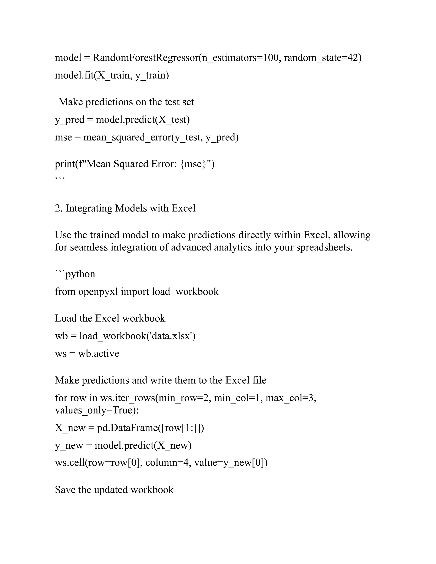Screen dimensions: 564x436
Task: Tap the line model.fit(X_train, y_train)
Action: (x=112, y=75)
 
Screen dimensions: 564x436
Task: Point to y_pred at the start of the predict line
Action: (x=69, y=120)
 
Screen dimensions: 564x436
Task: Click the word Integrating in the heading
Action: (x=89, y=208)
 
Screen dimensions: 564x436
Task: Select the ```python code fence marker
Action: (x=75, y=274)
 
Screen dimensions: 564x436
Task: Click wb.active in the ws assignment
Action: (x=99, y=354)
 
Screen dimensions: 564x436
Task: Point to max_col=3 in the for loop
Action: (x=291, y=398)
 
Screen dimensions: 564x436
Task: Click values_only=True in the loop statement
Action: (x=97, y=410)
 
